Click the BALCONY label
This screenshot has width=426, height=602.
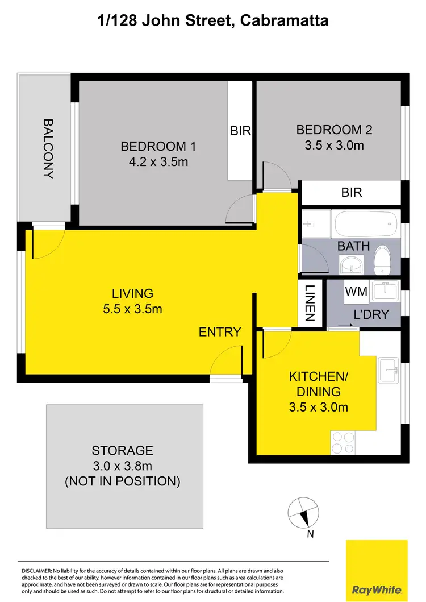point(48,148)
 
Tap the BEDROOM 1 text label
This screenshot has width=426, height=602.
point(158,146)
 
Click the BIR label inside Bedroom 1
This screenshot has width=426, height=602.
point(240,131)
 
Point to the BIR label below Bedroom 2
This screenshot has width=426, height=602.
point(352,192)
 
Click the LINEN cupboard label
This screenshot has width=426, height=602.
point(310,304)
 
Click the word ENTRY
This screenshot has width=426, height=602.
point(220,332)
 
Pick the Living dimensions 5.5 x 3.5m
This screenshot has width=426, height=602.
point(132,309)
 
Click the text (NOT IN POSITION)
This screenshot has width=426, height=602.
point(123,481)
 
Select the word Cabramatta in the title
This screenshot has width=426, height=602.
point(285,21)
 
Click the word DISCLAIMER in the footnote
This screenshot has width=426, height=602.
point(36,570)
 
